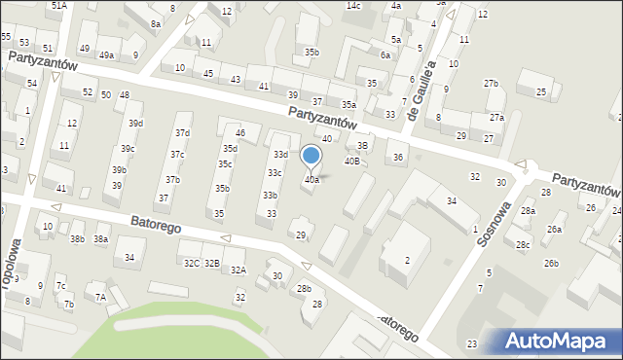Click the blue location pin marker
pyautogui.click(x=311, y=157)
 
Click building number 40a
pyautogui.click(x=311, y=180)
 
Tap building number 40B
pyautogui.click(x=352, y=161)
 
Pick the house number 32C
pyautogui.click(x=191, y=263)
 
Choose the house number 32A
pyautogui.click(x=237, y=270)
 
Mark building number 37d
pyautogui.click(x=182, y=131)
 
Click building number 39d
pyautogui.click(x=136, y=124)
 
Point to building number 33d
pyautogui.click(x=280, y=155)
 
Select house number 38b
pyautogui.click(x=78, y=238)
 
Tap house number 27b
pyautogui.click(x=491, y=84)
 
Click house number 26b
pyautogui.click(x=551, y=264)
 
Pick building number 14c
pyautogui.click(x=353, y=6)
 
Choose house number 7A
pyautogui.click(x=99, y=297)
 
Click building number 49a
pyautogui.click(x=106, y=55)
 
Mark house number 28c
pyautogui.click(x=523, y=244)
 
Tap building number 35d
pyautogui.click(x=230, y=149)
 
